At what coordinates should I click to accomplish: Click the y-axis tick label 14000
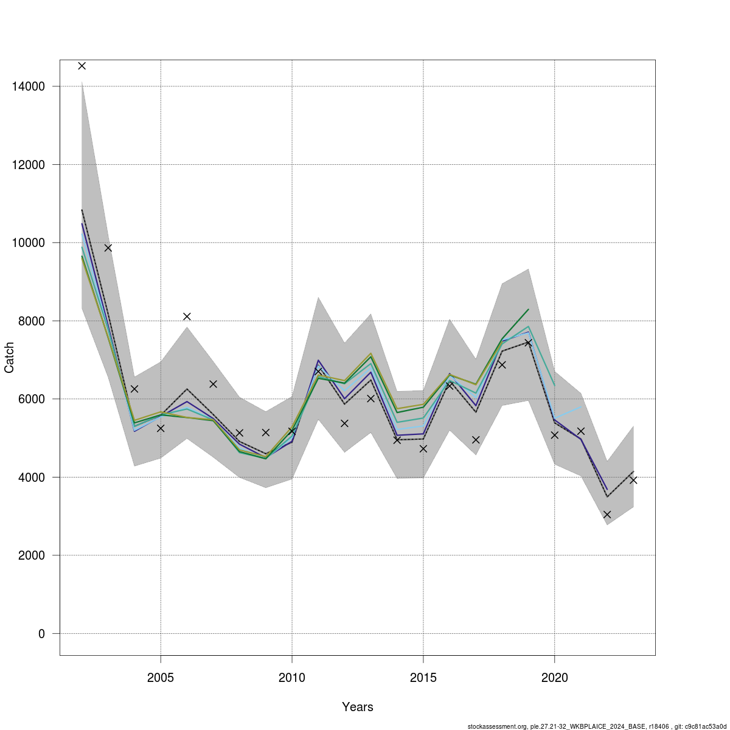click(28, 86)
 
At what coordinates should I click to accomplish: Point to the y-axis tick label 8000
click(30, 321)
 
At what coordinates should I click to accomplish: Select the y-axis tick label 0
click(41, 634)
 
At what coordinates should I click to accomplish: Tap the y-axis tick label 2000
click(30, 555)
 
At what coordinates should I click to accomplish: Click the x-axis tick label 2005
click(161, 678)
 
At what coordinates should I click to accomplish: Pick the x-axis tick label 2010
click(292, 678)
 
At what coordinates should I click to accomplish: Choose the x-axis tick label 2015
click(423, 678)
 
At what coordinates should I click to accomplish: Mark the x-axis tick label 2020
click(555, 678)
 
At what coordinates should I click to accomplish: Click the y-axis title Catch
click(9, 358)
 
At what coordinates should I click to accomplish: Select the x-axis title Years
click(358, 707)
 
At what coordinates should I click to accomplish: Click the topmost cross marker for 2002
click(82, 66)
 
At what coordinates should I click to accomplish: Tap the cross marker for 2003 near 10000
click(108, 248)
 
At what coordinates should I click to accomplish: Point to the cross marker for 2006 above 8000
click(187, 316)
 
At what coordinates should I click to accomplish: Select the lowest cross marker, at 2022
click(607, 514)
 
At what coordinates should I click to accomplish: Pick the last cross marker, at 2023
click(633, 480)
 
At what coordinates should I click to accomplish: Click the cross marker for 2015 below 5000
click(423, 448)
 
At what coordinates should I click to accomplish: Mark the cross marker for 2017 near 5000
click(476, 440)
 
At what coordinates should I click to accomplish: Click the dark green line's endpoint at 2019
click(528, 309)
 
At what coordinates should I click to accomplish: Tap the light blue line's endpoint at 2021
click(580, 407)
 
